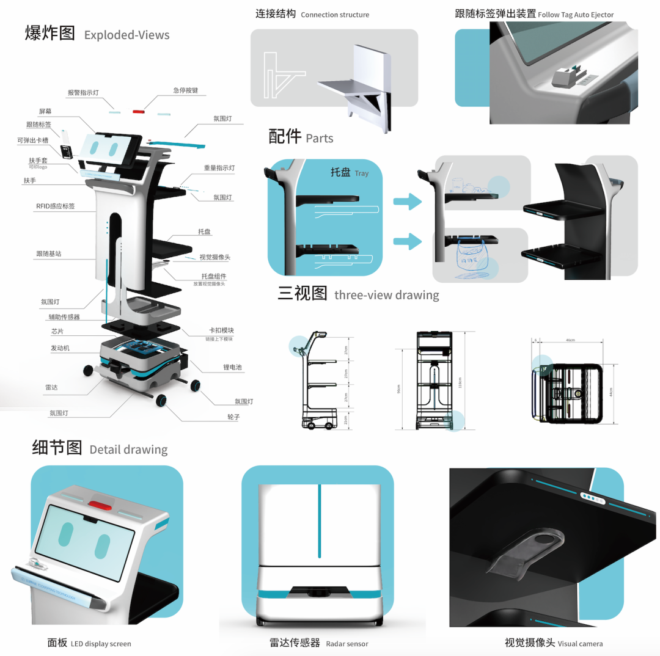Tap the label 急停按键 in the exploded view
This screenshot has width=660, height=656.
tap(185, 90)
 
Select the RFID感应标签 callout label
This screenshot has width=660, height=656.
tap(55, 206)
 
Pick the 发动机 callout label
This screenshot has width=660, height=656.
tap(61, 348)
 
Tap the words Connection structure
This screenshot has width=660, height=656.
tap(335, 15)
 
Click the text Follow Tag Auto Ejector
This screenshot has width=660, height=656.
tap(576, 15)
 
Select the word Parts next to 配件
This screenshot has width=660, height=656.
tap(320, 139)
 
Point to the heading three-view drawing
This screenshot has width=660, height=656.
tap(387, 295)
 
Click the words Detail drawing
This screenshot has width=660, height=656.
tap(128, 450)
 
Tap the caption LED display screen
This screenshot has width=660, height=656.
tap(101, 644)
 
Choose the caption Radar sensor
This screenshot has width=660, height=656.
tap(347, 644)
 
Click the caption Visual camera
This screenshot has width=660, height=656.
tap(580, 644)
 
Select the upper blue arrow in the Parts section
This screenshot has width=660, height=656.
tap(407, 200)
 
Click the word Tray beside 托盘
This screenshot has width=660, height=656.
tap(362, 173)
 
